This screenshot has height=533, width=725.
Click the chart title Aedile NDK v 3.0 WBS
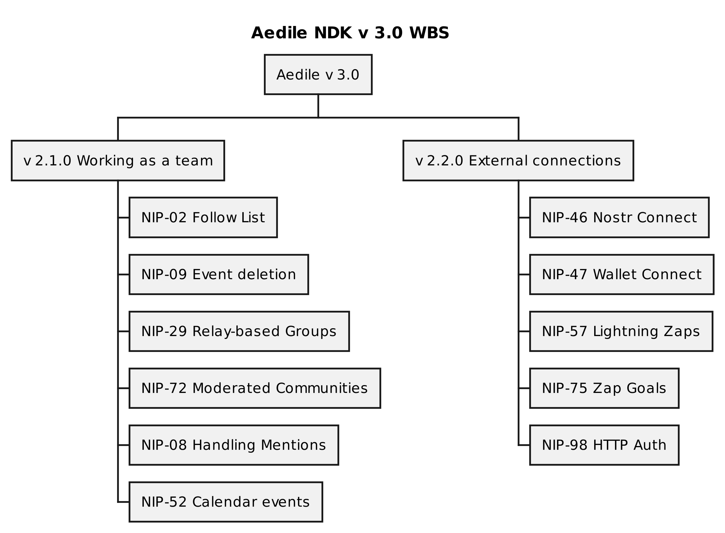(350, 33)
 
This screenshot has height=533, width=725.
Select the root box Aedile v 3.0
(318, 75)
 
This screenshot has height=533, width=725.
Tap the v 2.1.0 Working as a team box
(118, 161)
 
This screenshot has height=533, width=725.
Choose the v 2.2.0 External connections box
(518, 161)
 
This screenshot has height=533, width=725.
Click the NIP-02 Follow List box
(203, 217)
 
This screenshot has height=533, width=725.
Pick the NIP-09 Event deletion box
(219, 274)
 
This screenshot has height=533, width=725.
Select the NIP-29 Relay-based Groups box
(239, 331)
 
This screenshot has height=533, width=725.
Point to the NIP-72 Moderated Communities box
(255, 388)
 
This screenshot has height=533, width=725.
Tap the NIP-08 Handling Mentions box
(233, 445)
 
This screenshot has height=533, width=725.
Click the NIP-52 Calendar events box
(226, 502)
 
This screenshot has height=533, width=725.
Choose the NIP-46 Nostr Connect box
(619, 217)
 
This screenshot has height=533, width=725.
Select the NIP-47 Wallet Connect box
(621, 274)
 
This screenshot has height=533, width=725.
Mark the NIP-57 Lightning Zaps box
(621, 331)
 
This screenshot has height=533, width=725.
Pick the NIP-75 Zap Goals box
(604, 388)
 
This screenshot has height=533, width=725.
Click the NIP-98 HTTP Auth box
(604, 445)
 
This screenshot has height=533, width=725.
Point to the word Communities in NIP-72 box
(321, 388)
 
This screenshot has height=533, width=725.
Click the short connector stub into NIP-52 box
(124, 502)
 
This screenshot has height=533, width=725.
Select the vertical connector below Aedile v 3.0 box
(318, 106)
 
